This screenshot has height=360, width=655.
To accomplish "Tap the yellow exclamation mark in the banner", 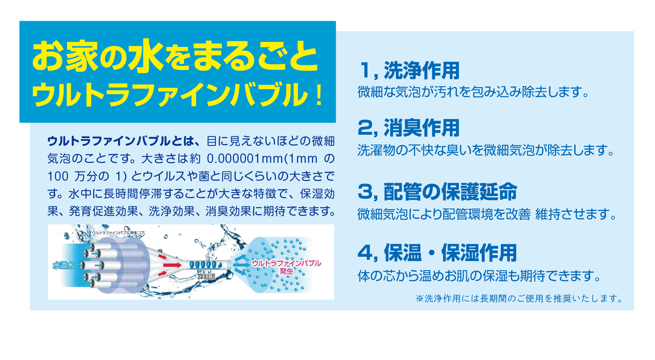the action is pyautogui.click(x=319, y=95).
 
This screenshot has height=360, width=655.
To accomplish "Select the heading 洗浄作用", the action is pyautogui.click(x=421, y=70).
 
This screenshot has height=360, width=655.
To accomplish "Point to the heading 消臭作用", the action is pyautogui.click(x=421, y=128).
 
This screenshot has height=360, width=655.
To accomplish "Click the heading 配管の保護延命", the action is pyautogui.click(x=450, y=192).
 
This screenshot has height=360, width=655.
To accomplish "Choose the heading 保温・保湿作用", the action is pyautogui.click(x=450, y=252).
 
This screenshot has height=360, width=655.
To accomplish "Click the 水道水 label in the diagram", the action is pyautogui.click(x=63, y=265).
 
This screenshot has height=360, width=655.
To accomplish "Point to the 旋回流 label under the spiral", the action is pyautogui.click(x=206, y=276).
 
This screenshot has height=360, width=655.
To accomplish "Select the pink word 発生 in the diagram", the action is pyautogui.click(x=287, y=271).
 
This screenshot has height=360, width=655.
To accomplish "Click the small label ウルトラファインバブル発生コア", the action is pyautogui.click(x=118, y=233).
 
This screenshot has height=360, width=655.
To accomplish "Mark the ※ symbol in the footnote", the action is pyautogui.click(x=420, y=298).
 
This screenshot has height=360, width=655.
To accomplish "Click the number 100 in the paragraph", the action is pyautogui.click(x=58, y=176).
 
